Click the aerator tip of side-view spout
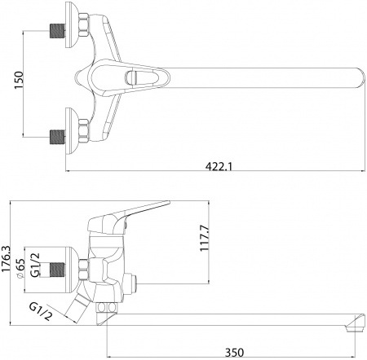354,326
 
